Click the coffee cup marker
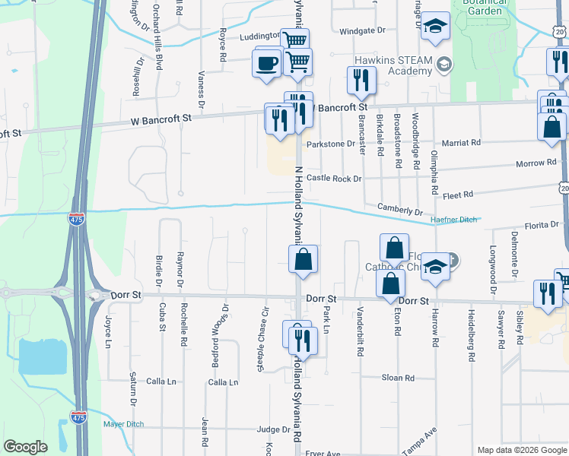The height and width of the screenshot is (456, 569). point(267,64)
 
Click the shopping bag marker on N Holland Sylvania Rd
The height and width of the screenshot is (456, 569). point(303,260)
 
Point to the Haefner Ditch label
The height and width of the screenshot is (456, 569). point(454,220)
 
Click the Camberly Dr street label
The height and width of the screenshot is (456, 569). point(399,209)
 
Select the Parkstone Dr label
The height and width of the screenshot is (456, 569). point(331,144)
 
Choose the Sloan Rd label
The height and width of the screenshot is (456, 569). point(398,378)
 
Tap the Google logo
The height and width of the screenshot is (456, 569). point(25,447)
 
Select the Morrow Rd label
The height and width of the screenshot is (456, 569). point(536,163)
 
